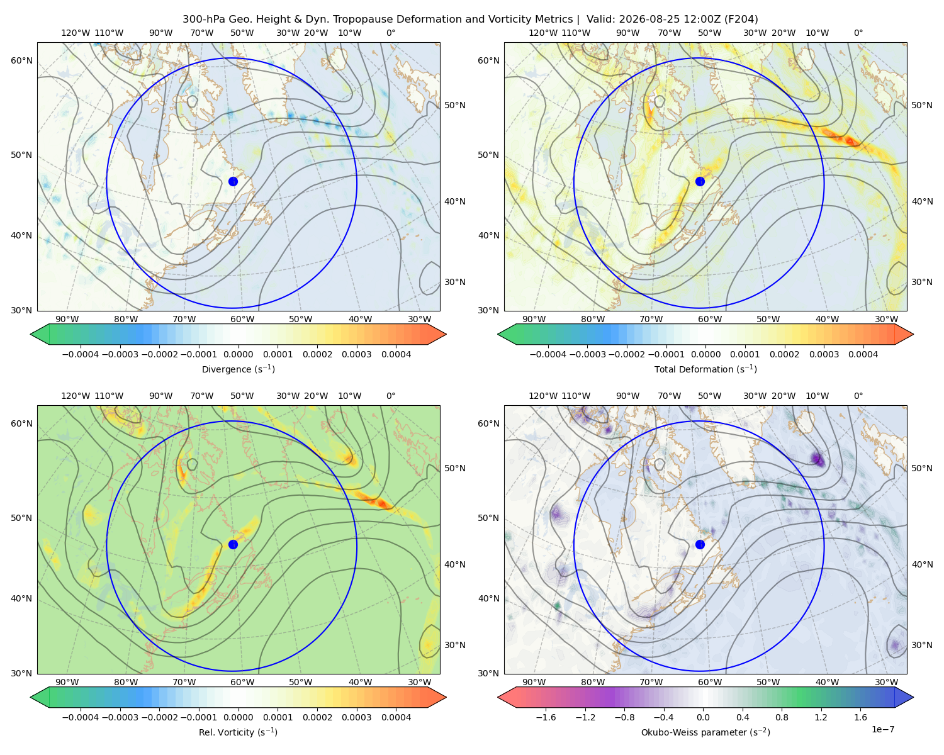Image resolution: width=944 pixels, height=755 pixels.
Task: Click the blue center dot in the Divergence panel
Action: point(233,181)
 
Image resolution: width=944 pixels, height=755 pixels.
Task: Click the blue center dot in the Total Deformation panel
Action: point(700,181)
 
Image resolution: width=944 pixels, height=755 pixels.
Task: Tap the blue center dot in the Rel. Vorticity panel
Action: point(233,544)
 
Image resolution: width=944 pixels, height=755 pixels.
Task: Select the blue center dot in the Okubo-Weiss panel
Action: point(700,544)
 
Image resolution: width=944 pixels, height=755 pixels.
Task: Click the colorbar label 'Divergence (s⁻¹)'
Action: point(238,369)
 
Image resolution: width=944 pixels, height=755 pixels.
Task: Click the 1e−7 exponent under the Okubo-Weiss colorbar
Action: point(882,729)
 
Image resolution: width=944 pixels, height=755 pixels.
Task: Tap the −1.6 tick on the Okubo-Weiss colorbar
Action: point(546,717)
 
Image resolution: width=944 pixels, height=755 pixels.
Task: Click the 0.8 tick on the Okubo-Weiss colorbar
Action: point(782,717)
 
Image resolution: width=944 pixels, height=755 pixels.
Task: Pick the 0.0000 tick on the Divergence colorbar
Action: point(238,354)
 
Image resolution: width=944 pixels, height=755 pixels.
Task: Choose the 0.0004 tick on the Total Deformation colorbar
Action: point(863,354)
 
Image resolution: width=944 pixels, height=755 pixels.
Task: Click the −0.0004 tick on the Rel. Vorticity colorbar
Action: point(81,717)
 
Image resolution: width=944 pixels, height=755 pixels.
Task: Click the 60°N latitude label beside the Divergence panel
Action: point(21,60)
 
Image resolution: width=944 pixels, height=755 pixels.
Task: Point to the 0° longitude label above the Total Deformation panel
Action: point(858,33)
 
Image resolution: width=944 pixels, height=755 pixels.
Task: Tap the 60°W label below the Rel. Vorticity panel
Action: point(242,682)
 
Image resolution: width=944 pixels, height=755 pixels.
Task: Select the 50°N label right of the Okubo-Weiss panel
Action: point(922,468)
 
